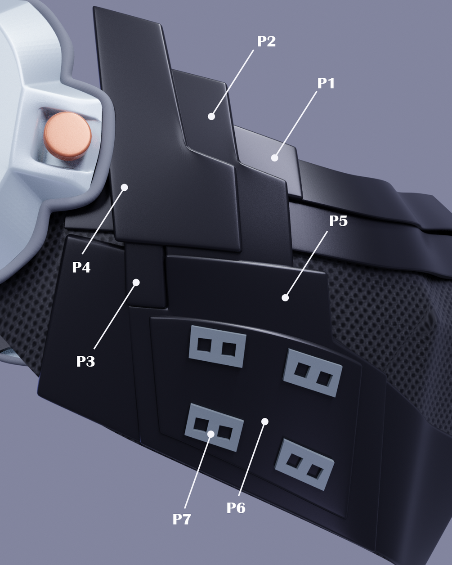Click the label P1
(326, 83)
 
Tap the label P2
(266, 41)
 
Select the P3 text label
(85, 362)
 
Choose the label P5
(338, 221)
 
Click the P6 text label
(236, 507)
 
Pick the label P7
(182, 519)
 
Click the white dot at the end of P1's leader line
(274, 158)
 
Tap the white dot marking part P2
(211, 117)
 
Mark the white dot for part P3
(136, 282)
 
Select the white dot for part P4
(125, 187)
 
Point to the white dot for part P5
(285, 298)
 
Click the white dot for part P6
(265, 422)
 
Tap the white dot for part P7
(211, 434)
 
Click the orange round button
(68, 135)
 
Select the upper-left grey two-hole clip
(218, 346)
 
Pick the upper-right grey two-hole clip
(313, 372)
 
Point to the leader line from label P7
(197, 473)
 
